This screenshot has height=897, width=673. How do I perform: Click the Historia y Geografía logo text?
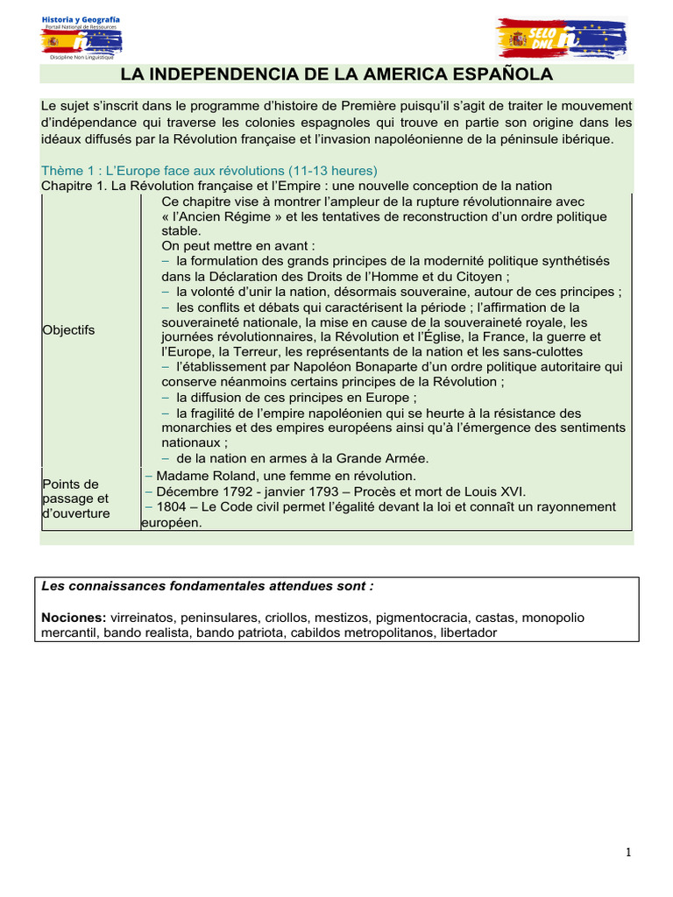pyautogui.click(x=81, y=19)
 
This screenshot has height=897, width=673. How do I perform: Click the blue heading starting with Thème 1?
pyautogui.click(x=209, y=170)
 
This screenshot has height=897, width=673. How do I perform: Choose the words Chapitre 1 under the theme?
pyautogui.click(x=74, y=186)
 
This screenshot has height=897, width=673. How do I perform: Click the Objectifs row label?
pyautogui.click(x=68, y=330)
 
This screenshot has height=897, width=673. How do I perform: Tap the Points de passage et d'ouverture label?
pyautogui.click(x=75, y=498)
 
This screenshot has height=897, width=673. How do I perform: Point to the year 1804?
pyautogui.click(x=171, y=507)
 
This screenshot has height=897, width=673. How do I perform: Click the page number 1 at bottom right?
pyautogui.click(x=629, y=853)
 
